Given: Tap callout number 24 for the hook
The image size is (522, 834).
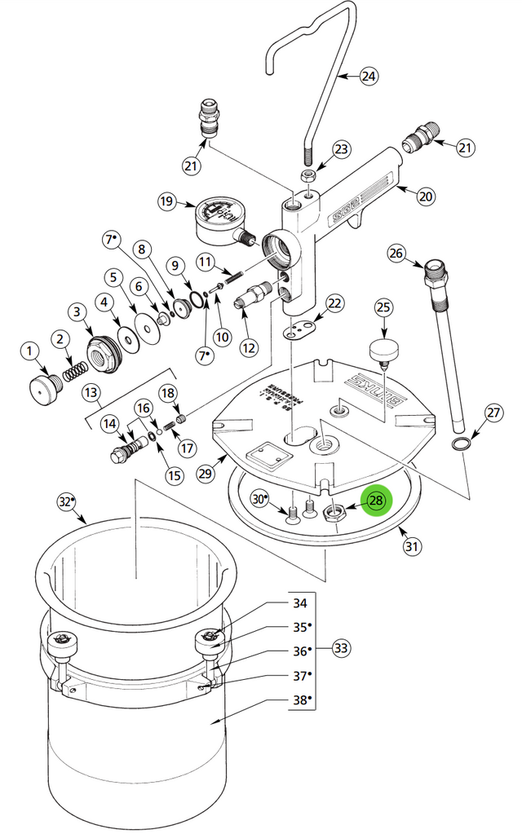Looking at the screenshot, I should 369,77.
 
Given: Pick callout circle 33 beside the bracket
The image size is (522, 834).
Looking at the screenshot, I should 341,649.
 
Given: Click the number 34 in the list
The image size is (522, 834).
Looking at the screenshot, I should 300,603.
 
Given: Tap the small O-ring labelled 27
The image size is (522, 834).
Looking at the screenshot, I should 462,443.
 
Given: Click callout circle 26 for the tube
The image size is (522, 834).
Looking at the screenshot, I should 396,254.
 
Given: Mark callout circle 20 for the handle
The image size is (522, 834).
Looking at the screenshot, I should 425,196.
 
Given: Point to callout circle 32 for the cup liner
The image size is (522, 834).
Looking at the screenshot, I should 66,501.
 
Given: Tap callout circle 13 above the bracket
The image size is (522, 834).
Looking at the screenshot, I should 91,393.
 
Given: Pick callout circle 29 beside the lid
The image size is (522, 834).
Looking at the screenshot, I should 204,473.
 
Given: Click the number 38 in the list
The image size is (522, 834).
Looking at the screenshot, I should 300,700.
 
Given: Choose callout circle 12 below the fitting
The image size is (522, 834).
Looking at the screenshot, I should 249,347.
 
